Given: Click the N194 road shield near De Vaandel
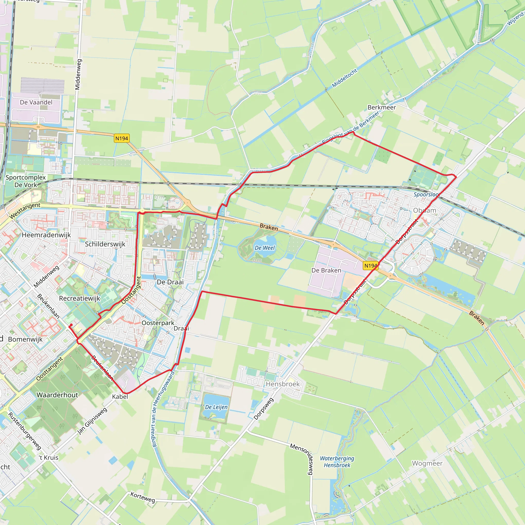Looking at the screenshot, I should pos(122,138).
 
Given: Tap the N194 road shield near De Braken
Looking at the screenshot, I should pos(370,266).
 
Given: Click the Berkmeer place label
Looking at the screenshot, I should pos(381,107).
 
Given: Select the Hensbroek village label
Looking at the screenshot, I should pos(282,384).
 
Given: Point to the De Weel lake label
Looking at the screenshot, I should pos(265,248).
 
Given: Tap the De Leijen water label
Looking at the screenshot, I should pos(216,407).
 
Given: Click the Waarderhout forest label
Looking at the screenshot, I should pos(57,395).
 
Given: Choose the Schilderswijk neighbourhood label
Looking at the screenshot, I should pos(105,244).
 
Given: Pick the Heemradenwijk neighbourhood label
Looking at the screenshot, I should pos(46,235).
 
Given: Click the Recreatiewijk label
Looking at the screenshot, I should pos(80,298).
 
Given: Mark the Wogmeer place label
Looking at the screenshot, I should pos(427,463).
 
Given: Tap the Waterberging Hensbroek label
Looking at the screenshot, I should pos(337,462).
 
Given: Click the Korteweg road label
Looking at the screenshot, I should pos(143,497).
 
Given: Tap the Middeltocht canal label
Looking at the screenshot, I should pos(344,78).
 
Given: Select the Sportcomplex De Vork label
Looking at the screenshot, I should pos(26,181).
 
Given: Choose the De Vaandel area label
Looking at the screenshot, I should pos(36,102).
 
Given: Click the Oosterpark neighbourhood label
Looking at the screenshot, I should pos(158,323).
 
